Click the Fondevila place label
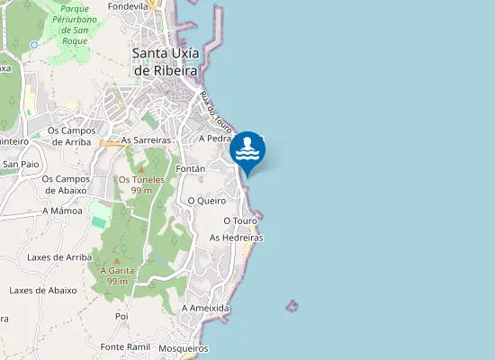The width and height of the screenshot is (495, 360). [x=128, y=5]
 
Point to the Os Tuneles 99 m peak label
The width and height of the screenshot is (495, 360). [x=141, y=184]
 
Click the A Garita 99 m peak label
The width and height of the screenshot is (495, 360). [x=117, y=275]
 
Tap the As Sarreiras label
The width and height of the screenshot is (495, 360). [x=145, y=140]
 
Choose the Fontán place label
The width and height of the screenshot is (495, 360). [x=192, y=169]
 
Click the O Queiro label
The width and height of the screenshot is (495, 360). [x=204, y=201]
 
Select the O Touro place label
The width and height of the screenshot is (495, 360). [x=240, y=220]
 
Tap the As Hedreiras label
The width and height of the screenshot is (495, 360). [x=236, y=238]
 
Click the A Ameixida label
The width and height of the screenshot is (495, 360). [x=205, y=308]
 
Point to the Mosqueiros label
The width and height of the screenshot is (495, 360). [x=183, y=348]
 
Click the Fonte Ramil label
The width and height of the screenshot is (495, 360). [x=125, y=346]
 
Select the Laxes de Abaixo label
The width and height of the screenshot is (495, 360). [x=43, y=291]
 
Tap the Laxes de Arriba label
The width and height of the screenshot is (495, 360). [x=60, y=257]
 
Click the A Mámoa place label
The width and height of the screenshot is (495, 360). [x=62, y=210]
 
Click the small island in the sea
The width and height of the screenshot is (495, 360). [x=292, y=306]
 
